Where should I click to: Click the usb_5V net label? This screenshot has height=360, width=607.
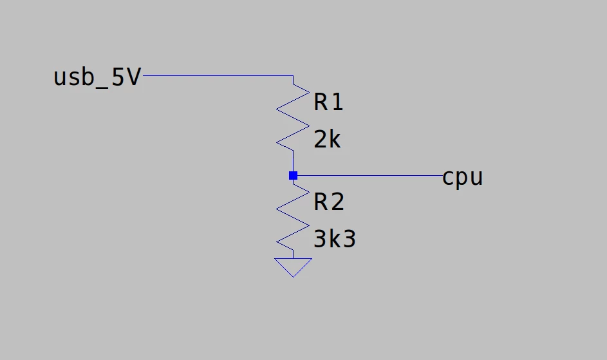[x=97, y=77]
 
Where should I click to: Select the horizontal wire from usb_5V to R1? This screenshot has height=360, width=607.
[x=218, y=75]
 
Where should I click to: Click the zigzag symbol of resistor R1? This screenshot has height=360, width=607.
[x=293, y=117]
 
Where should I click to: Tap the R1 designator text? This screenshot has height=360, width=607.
[x=328, y=102]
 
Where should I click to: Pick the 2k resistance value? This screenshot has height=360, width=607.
[x=327, y=140]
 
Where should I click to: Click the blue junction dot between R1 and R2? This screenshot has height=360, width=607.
[x=293, y=176]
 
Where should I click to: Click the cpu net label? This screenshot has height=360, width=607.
[x=462, y=178]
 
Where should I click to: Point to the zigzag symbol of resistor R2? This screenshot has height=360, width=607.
[x=293, y=217]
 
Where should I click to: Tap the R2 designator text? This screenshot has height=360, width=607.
[x=329, y=202]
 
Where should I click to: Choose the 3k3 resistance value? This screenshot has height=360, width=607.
[x=335, y=239]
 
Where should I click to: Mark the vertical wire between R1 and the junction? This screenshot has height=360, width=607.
[x=293, y=161]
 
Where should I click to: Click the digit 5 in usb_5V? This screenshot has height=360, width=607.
[x=118, y=77]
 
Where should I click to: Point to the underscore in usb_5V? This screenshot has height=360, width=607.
[x=102, y=88]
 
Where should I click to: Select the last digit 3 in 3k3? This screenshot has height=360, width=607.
[x=350, y=239]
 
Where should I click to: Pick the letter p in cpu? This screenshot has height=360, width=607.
[x=462, y=180]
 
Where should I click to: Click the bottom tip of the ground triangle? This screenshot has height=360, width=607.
[x=293, y=277]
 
